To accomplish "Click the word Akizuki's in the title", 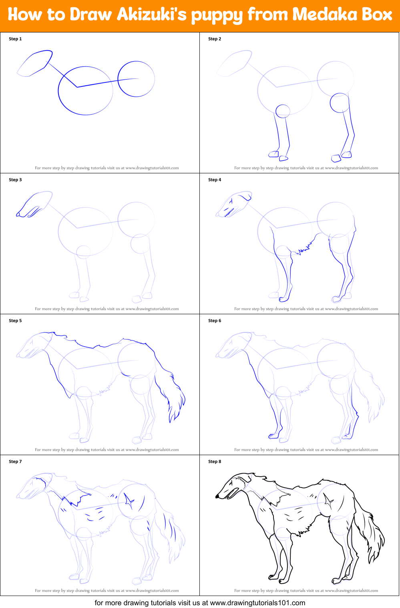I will click(152, 15).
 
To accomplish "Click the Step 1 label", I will click(15, 39).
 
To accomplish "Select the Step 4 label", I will click(215, 180).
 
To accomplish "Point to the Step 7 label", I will click(15, 462).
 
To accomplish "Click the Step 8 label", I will click(215, 462).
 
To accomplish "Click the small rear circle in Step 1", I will click(136, 79).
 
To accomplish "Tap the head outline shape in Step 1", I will click(35, 63).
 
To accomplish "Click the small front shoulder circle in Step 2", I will click(283, 111).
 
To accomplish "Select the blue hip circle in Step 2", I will click(340, 103).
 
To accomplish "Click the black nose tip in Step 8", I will click(217, 496).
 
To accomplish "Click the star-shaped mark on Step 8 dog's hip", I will click(329, 501).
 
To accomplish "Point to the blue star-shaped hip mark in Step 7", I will click(129, 501).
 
